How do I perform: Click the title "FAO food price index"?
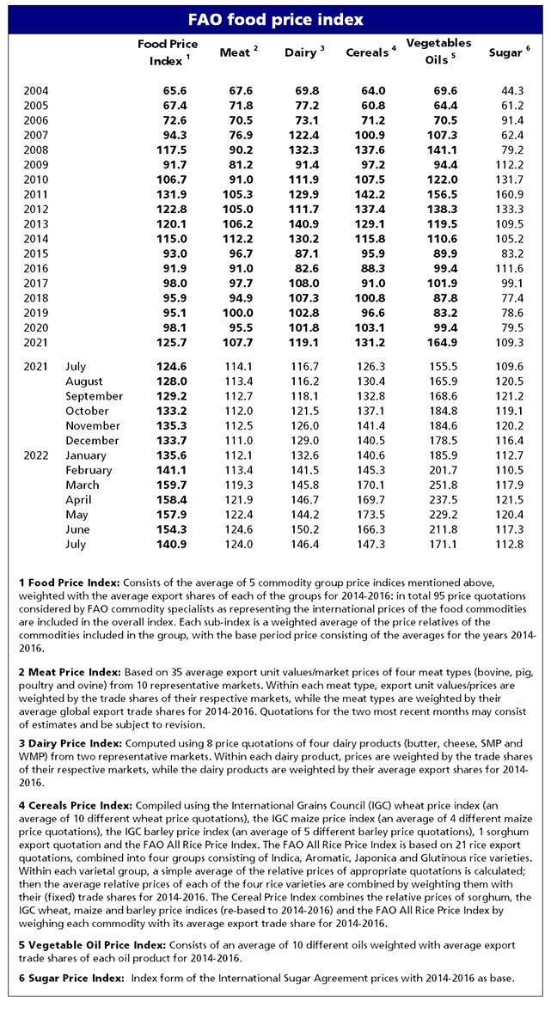point(275,19)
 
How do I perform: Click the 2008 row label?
point(36,149)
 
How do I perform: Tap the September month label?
point(94,396)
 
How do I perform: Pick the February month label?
point(89,470)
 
